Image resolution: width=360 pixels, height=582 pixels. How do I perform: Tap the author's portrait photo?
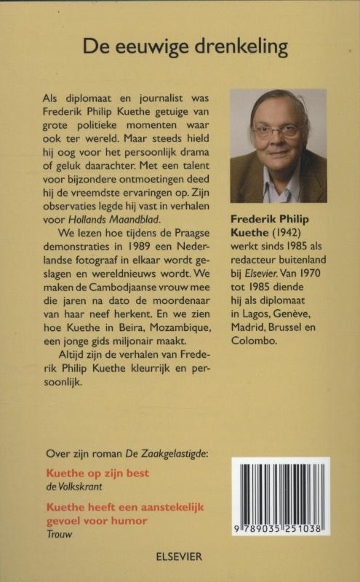click(278, 145)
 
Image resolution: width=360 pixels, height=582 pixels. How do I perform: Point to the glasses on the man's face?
click(276, 131)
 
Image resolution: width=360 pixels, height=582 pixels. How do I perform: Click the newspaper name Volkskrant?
click(79, 486)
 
